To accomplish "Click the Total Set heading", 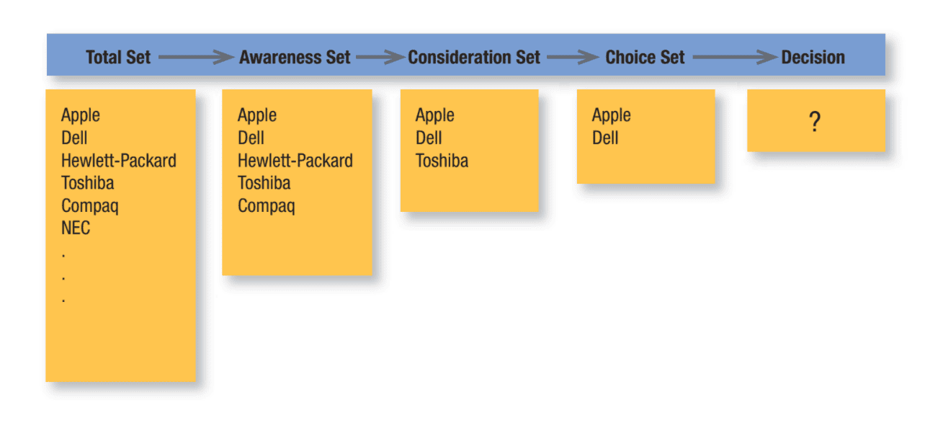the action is [x=118, y=57].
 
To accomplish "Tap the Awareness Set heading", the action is [x=295, y=57].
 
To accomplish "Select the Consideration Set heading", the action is [x=473, y=57].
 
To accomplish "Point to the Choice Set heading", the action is [x=645, y=57].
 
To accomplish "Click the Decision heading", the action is [x=813, y=57].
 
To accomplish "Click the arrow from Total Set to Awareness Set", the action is [x=196, y=57].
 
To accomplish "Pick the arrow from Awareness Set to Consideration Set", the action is [x=380, y=57].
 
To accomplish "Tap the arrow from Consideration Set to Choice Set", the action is [x=573, y=57].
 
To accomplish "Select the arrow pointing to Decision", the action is [x=735, y=57].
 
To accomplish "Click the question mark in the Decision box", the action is [x=815, y=122].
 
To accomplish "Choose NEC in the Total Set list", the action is [x=76, y=228].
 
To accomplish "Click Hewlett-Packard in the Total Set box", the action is [x=119, y=161].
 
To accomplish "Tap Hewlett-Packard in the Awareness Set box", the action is [x=295, y=161].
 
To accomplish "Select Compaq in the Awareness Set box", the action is [x=266, y=206].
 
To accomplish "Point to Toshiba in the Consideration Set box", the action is [x=442, y=161].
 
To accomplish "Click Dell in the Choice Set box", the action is [x=605, y=138].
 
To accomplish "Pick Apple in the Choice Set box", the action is [x=612, y=115].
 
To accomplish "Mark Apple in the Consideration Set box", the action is [x=434, y=115].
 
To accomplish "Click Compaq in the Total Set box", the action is [x=89, y=206].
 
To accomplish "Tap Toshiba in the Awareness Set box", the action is [x=264, y=183].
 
